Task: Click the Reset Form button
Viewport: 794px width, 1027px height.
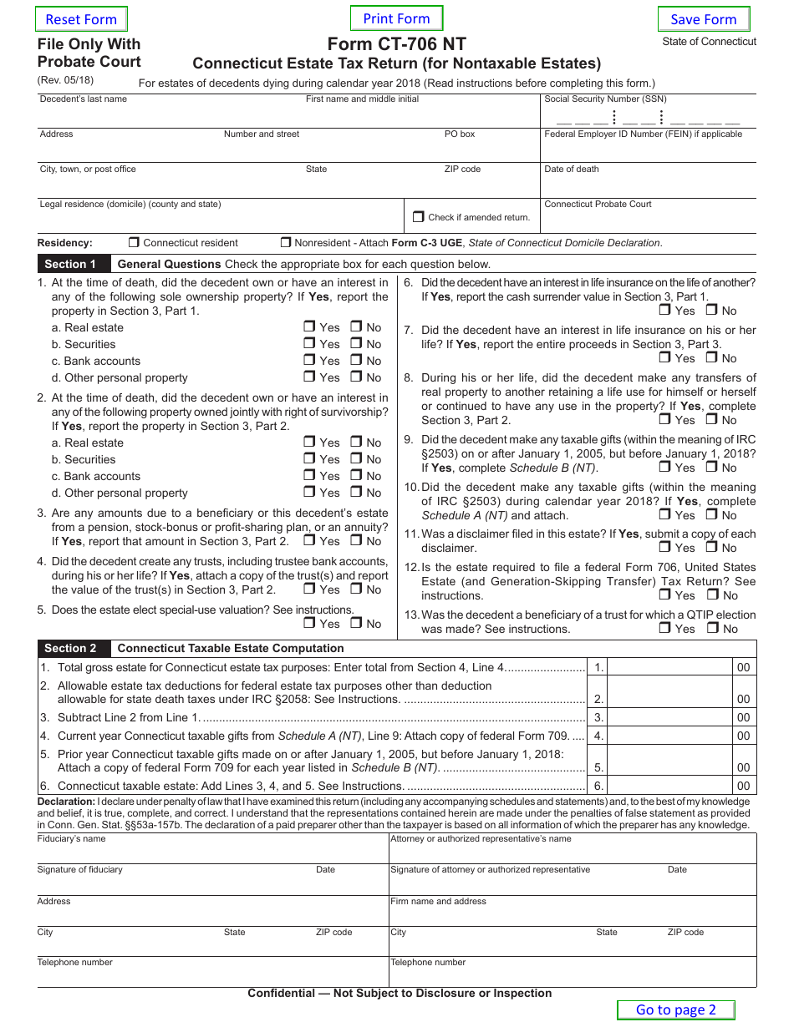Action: (x=81, y=19)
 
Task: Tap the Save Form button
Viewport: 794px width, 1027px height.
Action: (x=703, y=19)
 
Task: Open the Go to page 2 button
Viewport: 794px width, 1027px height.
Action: (x=675, y=1009)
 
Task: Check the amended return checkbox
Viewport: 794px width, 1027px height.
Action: (x=419, y=216)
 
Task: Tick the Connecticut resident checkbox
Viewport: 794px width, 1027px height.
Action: (x=134, y=243)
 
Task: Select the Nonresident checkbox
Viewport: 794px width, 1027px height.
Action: (x=286, y=243)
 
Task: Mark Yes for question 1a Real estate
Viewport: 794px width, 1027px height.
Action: (x=309, y=327)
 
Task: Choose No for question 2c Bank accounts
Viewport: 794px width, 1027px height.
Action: (x=356, y=476)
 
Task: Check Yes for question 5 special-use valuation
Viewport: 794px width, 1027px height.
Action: (x=309, y=623)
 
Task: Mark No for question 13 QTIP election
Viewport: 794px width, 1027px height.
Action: (x=712, y=628)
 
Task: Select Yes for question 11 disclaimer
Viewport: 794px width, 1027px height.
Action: (x=664, y=547)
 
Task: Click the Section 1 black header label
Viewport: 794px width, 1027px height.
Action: (x=70, y=264)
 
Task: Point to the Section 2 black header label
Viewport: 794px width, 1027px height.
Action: (x=70, y=648)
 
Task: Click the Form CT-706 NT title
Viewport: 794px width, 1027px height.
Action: (x=396, y=44)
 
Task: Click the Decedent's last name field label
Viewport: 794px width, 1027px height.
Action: (x=84, y=99)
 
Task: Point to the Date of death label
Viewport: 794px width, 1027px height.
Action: (x=572, y=169)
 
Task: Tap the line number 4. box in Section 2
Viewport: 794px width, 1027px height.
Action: (x=598, y=736)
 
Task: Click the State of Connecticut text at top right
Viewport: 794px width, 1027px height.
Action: (x=709, y=41)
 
